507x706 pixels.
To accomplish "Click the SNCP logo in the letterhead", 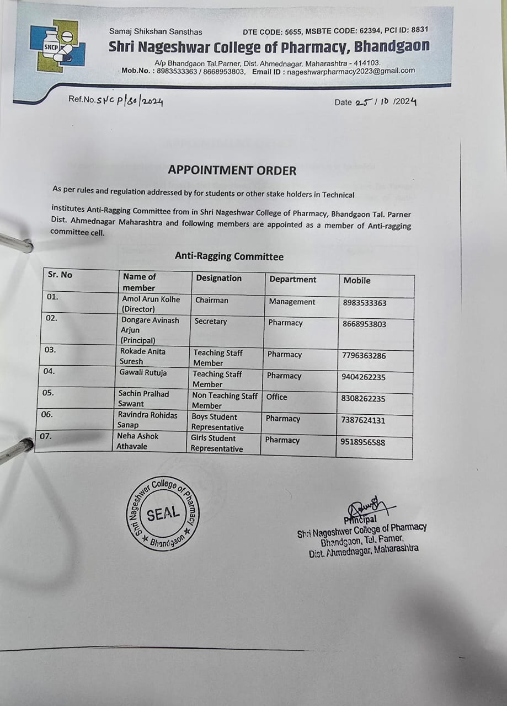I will click(57, 46).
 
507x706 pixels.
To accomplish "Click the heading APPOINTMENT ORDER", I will click(232, 170).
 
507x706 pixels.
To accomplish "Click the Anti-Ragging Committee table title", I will click(229, 256).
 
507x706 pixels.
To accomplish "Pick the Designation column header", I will click(219, 278).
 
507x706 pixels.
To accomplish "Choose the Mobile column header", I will click(357, 280).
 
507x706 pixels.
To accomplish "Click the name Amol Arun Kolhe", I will click(151, 299).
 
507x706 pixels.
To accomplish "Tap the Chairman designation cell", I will click(211, 300).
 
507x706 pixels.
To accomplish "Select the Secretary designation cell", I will click(210, 321).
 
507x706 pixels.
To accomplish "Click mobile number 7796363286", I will click(364, 356).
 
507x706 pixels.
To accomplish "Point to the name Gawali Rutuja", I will click(143, 372).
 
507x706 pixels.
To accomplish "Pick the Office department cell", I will click(276, 397).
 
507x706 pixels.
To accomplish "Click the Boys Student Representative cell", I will click(217, 422).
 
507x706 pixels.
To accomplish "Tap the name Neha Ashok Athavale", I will click(137, 441).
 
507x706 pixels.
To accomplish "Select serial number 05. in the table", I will click(49, 393).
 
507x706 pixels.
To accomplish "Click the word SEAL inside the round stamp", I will click(163, 514).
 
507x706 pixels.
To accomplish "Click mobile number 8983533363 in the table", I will click(364, 303).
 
